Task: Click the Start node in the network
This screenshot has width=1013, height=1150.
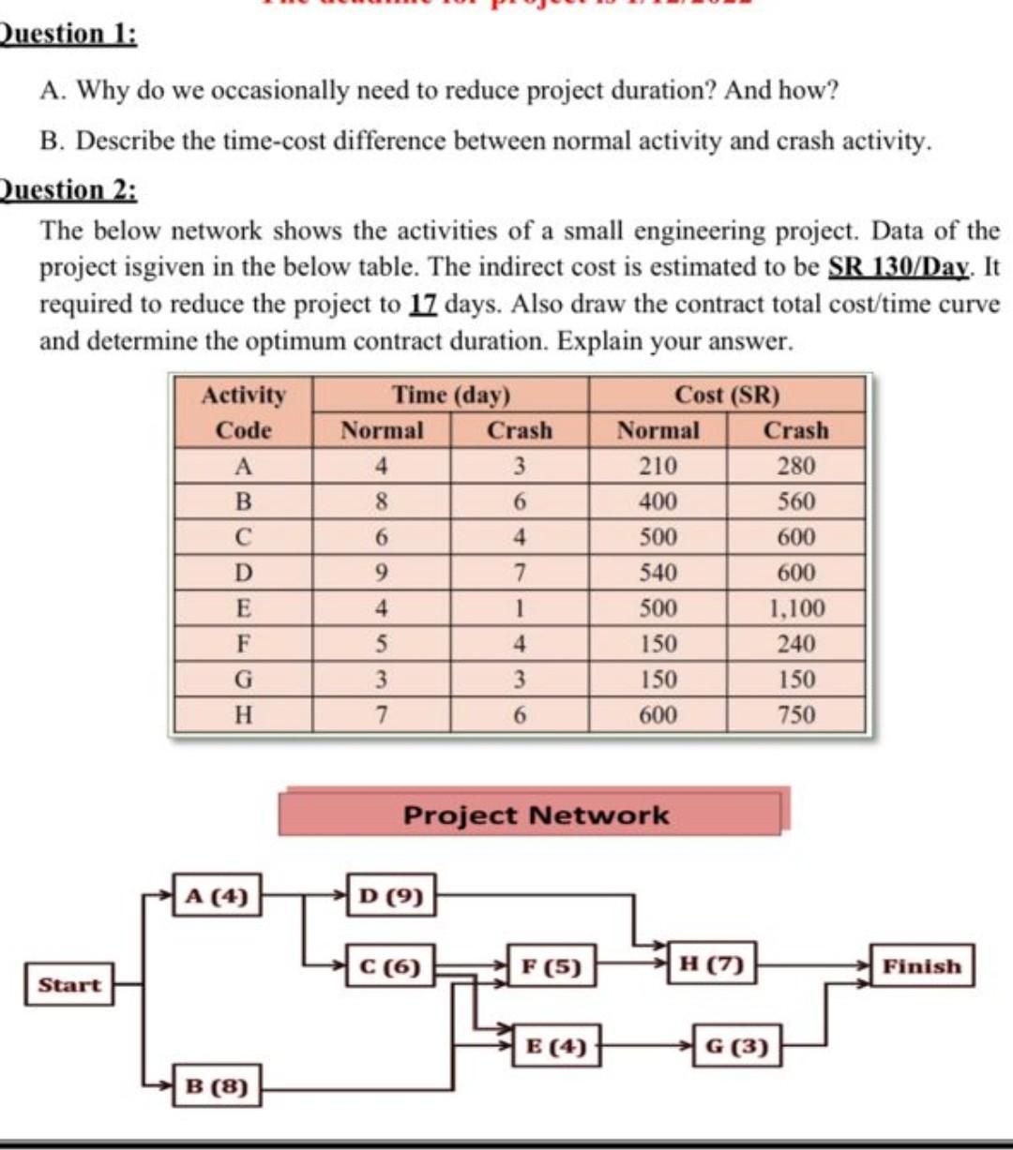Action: (69, 985)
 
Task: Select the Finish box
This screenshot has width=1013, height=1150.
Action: (922, 966)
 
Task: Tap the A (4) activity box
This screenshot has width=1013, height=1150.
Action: (217, 896)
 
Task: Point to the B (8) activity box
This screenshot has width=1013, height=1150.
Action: (217, 1086)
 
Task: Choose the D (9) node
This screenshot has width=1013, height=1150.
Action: (391, 896)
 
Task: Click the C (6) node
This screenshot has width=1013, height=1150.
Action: (391, 966)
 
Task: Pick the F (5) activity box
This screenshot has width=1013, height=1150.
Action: (552, 966)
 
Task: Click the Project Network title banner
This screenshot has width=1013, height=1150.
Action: (535, 814)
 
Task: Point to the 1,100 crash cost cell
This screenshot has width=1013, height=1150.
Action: (796, 608)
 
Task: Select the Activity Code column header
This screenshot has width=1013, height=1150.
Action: (243, 412)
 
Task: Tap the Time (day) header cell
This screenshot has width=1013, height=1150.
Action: (450, 395)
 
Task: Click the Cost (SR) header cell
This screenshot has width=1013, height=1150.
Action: (727, 395)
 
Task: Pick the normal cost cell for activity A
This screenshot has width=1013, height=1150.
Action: (658, 466)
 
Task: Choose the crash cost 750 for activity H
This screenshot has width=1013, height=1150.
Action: (796, 715)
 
